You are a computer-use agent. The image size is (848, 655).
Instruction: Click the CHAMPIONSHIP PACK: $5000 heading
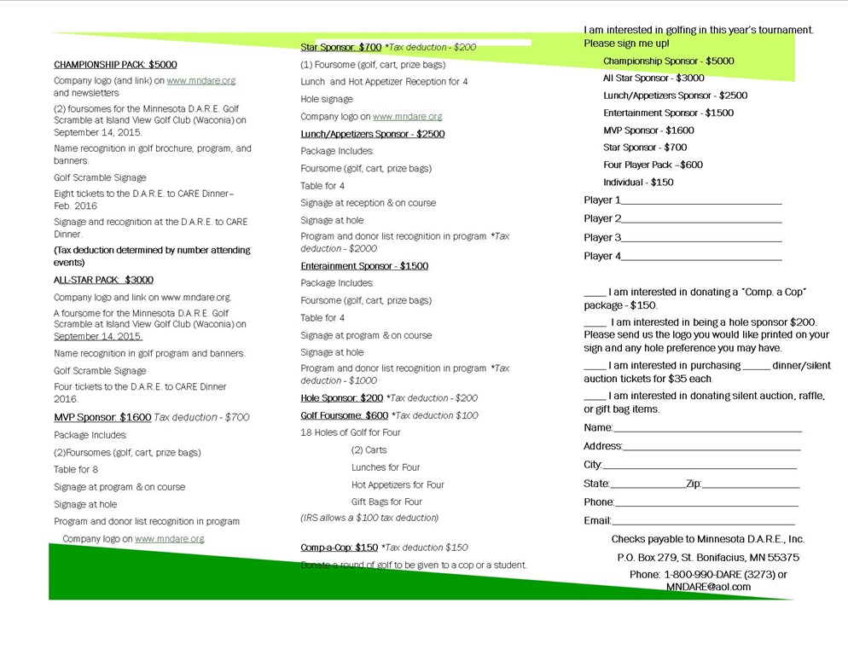point(115,64)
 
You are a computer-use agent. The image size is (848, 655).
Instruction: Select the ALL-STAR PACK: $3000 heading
point(103,280)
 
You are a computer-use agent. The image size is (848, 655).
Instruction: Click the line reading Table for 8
point(76,469)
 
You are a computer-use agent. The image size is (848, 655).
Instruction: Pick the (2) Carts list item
point(369,450)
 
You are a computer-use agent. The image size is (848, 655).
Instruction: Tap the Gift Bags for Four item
point(386,501)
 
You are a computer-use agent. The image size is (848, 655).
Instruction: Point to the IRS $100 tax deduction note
point(369,518)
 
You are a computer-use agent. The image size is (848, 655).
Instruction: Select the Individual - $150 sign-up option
point(637,183)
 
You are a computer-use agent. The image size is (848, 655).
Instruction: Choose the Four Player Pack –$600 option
point(653,165)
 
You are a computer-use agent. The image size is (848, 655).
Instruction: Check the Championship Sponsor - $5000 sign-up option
point(668,61)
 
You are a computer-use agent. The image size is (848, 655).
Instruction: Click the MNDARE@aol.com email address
point(708,587)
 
